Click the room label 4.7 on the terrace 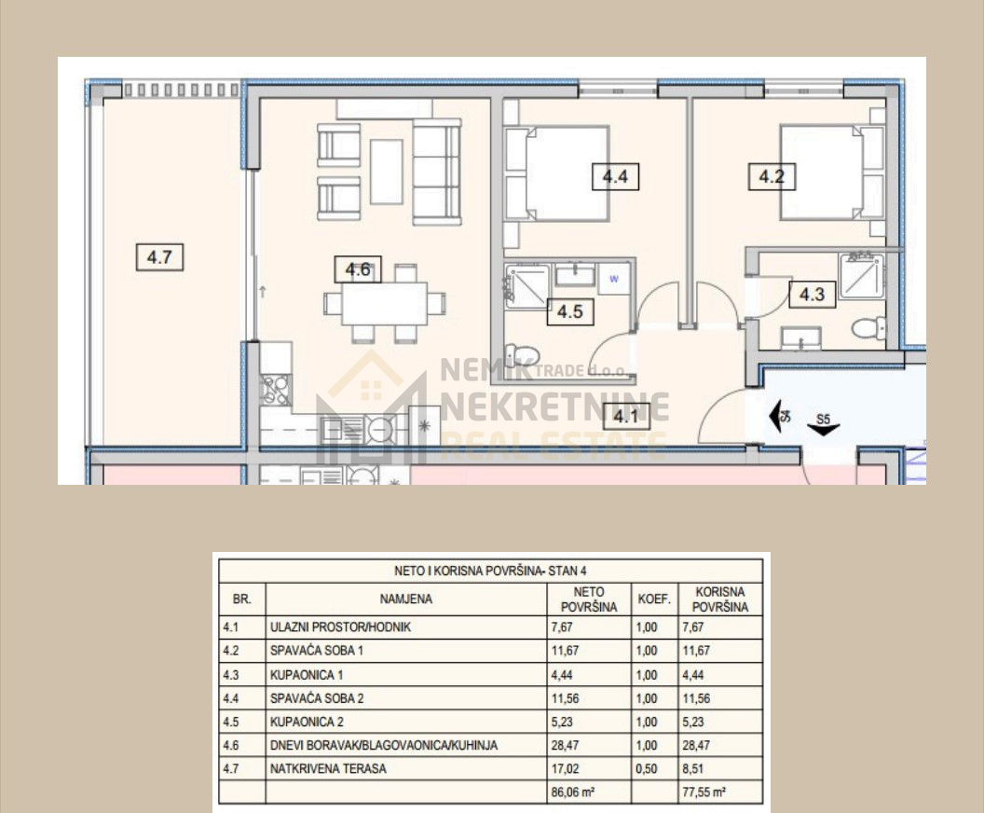(x=159, y=257)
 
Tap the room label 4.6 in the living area (x=358, y=270)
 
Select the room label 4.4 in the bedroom (x=615, y=176)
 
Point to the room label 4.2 (x=772, y=176)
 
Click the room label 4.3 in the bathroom (x=812, y=294)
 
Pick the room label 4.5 (x=570, y=311)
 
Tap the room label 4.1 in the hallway (x=626, y=416)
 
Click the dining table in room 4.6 (x=385, y=304)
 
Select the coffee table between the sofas (x=387, y=172)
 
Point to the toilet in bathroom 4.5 (x=522, y=355)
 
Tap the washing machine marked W (x=614, y=280)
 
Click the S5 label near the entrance (x=823, y=419)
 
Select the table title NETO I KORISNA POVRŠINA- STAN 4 (x=490, y=571)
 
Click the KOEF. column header (x=654, y=599)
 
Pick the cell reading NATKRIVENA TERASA (x=328, y=768)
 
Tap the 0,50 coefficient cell (x=647, y=768)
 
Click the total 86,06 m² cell (x=572, y=792)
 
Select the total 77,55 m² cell (x=704, y=792)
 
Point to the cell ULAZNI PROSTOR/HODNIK (x=340, y=627)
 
